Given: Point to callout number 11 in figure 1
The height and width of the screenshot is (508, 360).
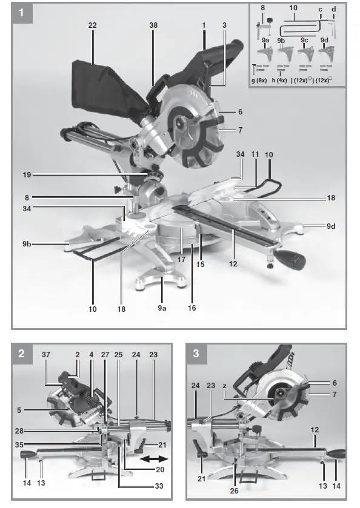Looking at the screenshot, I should pos(253,156).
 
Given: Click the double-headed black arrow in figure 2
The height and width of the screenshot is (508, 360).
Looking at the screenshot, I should pos(151,460).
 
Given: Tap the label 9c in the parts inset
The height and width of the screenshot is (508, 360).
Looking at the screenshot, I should pos(306,41).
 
